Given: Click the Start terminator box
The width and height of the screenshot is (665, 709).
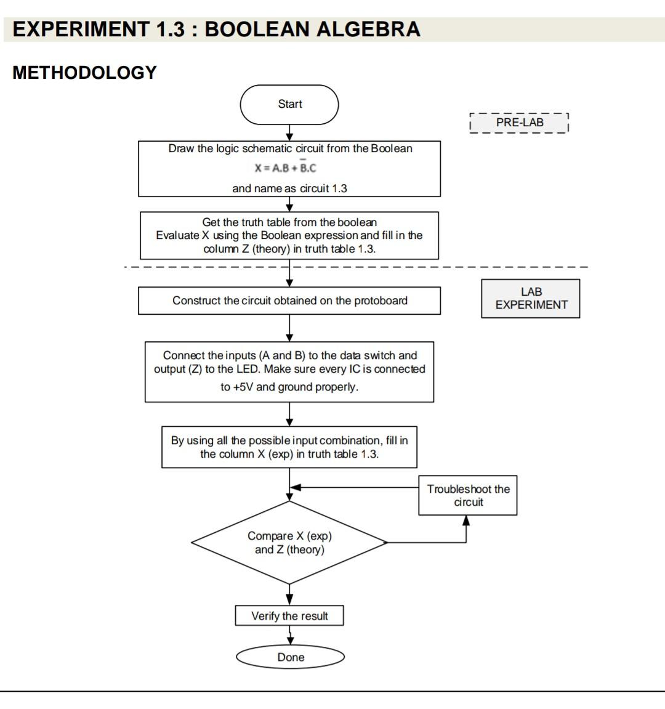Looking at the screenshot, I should (289, 105).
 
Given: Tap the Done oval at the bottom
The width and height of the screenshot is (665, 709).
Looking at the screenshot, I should (290, 657).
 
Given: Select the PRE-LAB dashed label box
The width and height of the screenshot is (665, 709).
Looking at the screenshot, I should (519, 123).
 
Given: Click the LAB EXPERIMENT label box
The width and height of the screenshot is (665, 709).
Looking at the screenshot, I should (531, 299).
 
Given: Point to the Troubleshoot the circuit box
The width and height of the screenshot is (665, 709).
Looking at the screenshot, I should (468, 495).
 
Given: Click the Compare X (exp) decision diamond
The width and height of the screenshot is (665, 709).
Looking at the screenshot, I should (289, 543).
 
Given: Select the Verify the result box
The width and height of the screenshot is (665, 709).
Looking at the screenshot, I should (289, 616).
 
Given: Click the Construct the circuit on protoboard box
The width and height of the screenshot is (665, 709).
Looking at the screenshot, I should (289, 301).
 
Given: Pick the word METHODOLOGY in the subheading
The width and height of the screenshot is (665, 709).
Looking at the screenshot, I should (85, 73).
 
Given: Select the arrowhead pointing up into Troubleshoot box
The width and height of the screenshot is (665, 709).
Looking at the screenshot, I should (466, 521).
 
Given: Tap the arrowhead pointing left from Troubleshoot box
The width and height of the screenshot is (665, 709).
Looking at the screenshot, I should (296, 487).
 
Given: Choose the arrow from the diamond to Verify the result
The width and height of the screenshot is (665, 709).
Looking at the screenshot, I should (289, 595).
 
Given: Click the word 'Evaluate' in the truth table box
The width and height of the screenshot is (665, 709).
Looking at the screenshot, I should (177, 235).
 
